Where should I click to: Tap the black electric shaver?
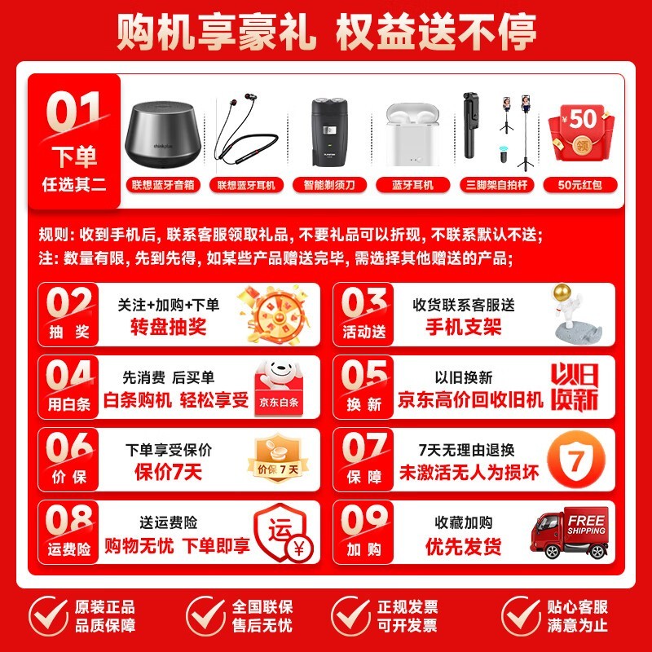tap(329, 132)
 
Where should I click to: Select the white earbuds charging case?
tap(412, 134)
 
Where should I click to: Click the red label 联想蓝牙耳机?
tap(246, 185)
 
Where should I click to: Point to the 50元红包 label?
tap(580, 185)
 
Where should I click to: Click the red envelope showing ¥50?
tap(580, 133)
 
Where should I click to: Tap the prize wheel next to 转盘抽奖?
tap(275, 315)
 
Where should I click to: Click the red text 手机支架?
tap(464, 327)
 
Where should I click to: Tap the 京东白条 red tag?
tap(279, 402)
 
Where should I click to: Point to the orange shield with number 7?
tap(576, 460)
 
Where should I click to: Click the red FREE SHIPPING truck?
tap(570, 532)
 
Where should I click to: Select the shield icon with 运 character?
tap(284, 533)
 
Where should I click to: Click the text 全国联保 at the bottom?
tap(262, 607)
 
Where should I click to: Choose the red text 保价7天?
tap(169, 472)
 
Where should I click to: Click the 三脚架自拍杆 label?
tap(496, 185)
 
